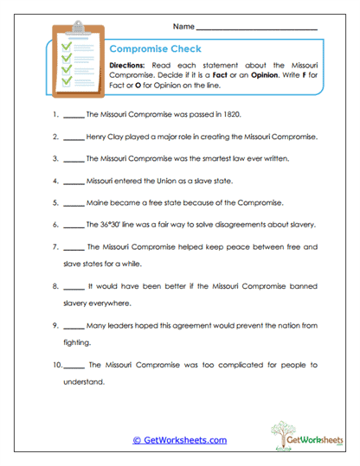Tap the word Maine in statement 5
coord(99,204)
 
